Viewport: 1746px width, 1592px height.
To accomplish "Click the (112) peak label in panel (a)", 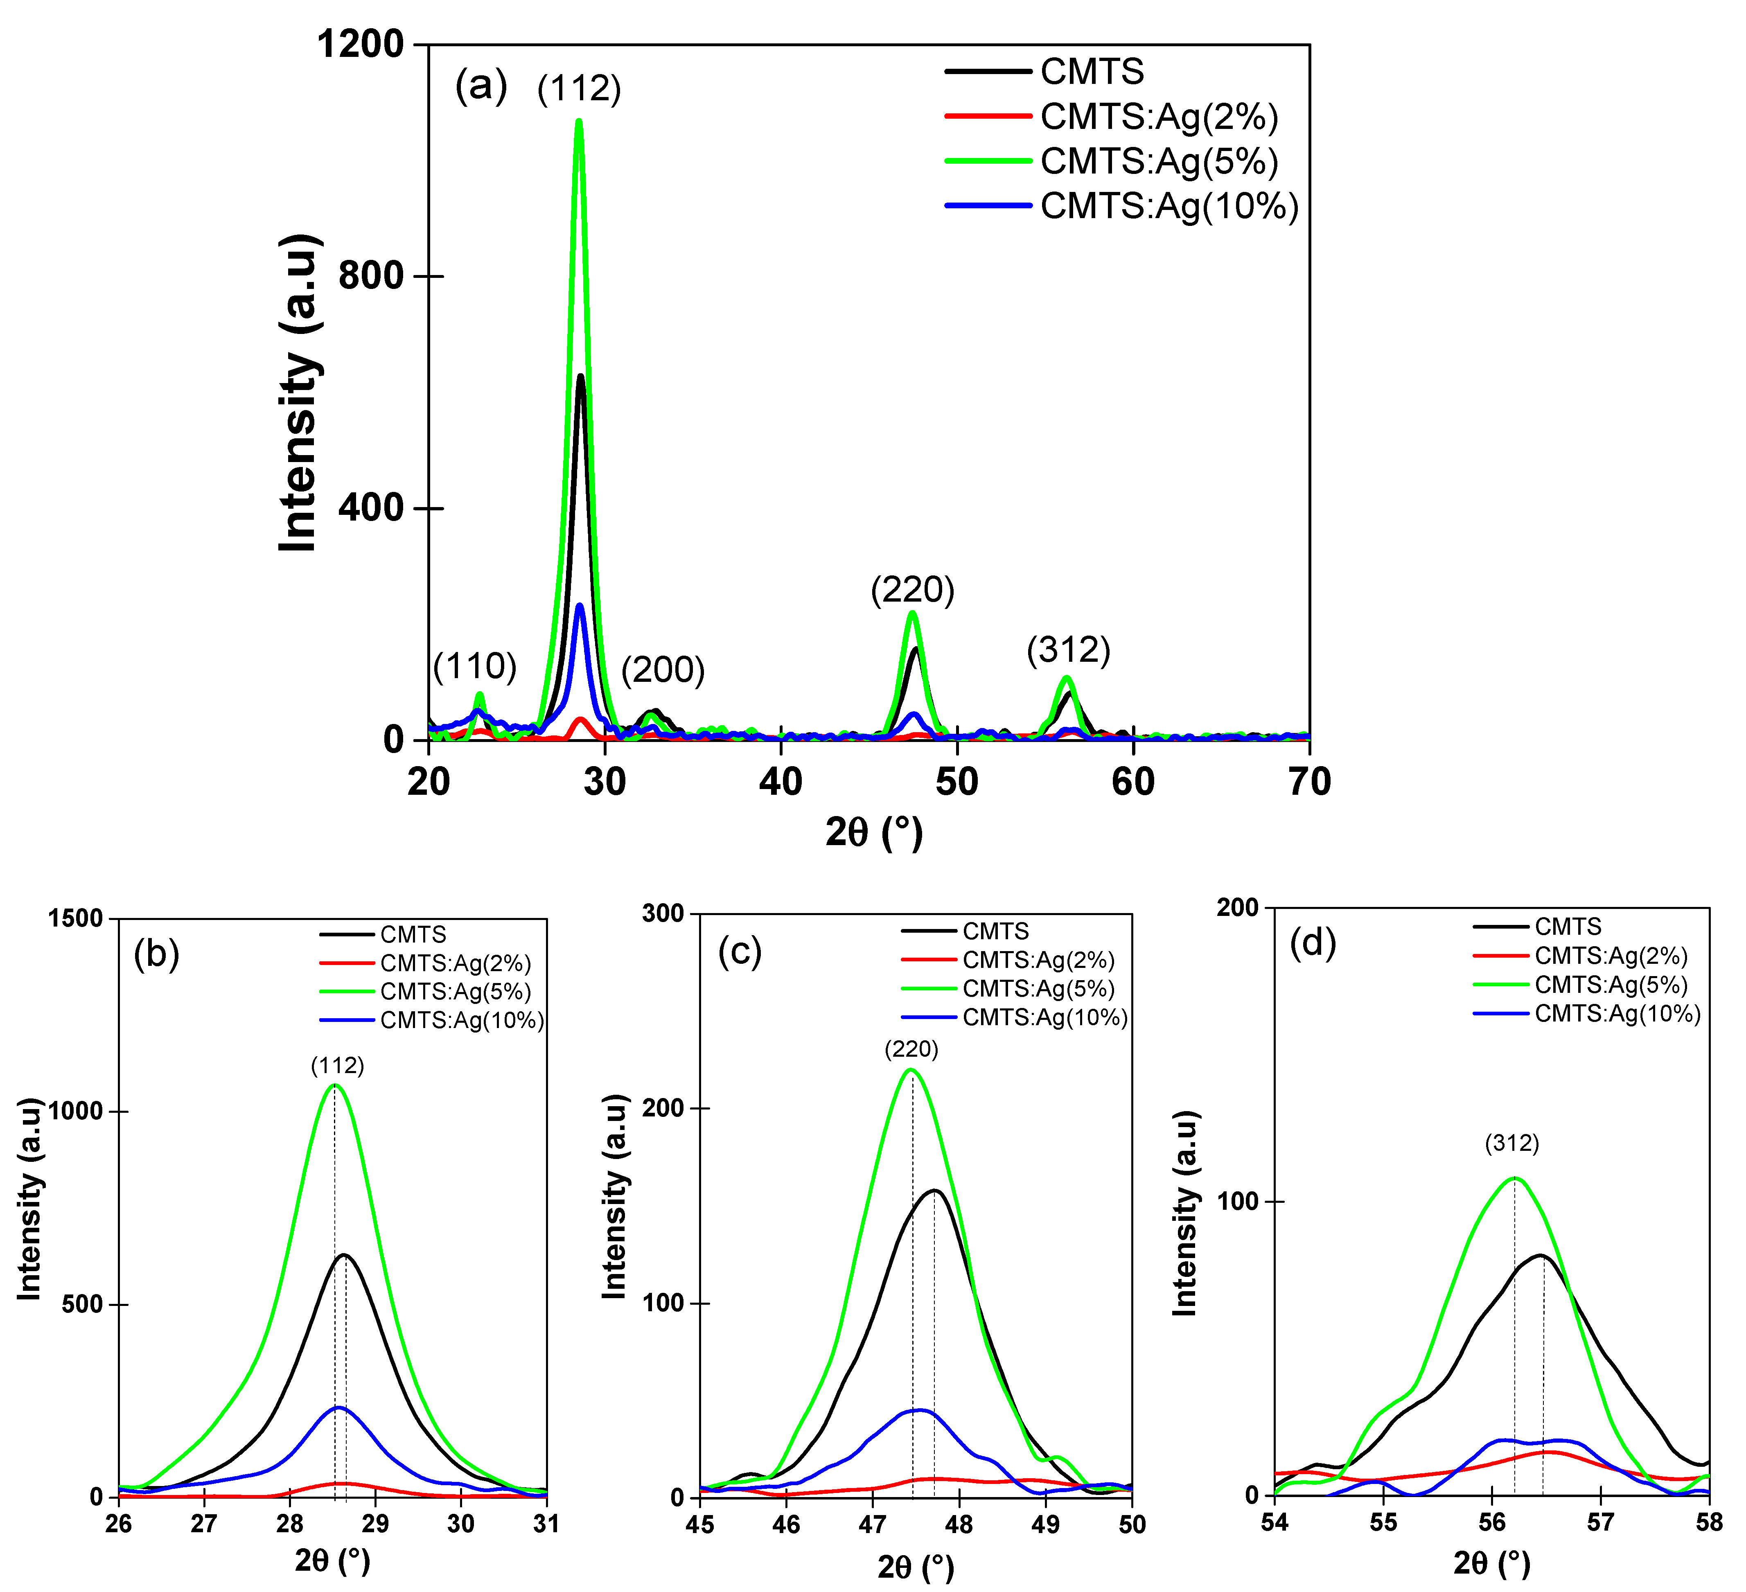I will click(x=579, y=89).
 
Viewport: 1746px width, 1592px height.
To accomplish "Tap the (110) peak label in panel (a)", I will click(x=475, y=666).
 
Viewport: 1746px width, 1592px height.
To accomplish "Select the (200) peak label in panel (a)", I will click(x=663, y=670).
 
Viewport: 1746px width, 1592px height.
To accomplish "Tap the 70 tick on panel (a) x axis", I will click(x=1308, y=782).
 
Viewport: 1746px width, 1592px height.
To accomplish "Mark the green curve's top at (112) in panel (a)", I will click(x=579, y=121).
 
